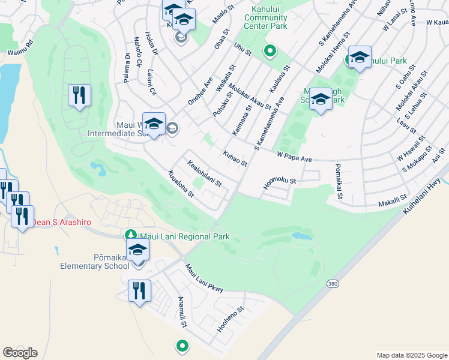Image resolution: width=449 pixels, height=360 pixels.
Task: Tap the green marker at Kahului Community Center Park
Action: click(x=270, y=52)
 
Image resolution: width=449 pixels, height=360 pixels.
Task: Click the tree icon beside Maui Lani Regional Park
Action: click(x=130, y=234)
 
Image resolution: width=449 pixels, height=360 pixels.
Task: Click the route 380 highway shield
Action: click(x=333, y=283)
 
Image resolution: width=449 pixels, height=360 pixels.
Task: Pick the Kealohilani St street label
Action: click(x=205, y=173)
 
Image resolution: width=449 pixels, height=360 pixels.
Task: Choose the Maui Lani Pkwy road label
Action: click(x=204, y=279)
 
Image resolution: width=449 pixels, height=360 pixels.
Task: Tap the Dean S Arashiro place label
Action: click(x=62, y=223)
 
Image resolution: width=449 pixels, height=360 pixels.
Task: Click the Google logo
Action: click(x=20, y=353)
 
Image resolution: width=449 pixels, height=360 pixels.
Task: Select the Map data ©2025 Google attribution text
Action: click(x=411, y=355)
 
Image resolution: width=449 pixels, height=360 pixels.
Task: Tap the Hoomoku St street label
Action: click(x=280, y=183)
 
